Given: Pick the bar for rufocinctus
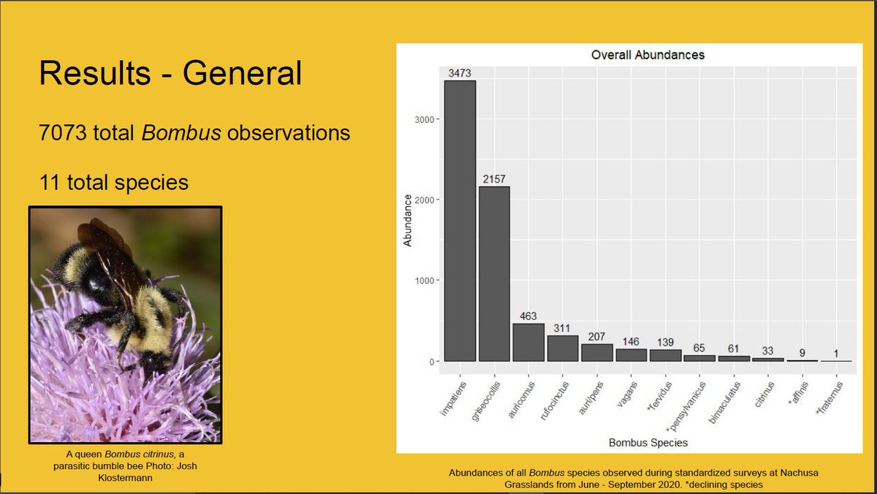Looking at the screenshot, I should point(563,348).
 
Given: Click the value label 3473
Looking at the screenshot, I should point(460,72).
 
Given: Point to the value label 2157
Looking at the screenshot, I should point(494,179).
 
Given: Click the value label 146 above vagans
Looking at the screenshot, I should point(631,341).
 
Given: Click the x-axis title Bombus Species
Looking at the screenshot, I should point(647,442).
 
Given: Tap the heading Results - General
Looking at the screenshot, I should point(170,75).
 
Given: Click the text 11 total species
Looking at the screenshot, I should point(113,180).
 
